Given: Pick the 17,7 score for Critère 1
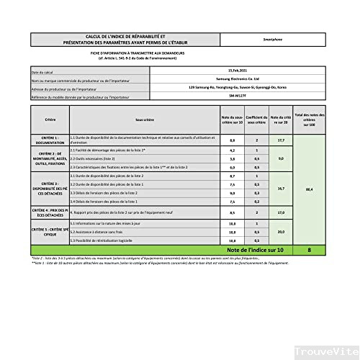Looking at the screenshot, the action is pos(282,140).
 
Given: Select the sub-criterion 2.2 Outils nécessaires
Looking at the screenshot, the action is pos(94,158).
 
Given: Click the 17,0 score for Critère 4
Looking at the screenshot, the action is pos(282,212).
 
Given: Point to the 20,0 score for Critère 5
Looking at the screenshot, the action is pos(282,233).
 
